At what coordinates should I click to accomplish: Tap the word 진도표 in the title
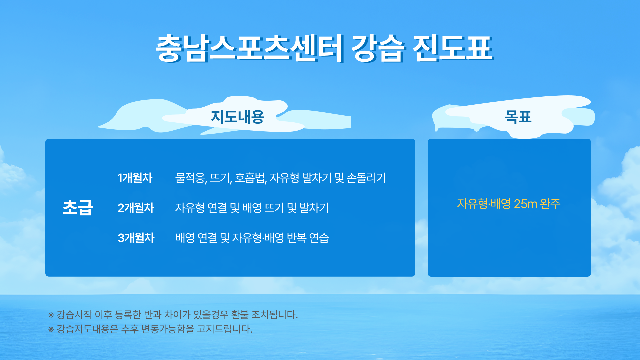[453, 49]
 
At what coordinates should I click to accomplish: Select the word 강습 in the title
[378, 49]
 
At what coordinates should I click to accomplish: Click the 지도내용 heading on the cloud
[238, 117]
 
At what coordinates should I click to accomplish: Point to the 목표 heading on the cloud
[518, 117]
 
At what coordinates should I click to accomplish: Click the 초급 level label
[78, 207]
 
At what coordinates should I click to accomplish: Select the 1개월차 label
[135, 178]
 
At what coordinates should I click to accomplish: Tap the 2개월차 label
[136, 208]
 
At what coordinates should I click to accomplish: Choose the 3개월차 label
[136, 238]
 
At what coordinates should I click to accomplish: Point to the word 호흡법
[250, 178]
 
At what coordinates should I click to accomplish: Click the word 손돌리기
[366, 178]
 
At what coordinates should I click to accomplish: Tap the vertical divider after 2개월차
[167, 207]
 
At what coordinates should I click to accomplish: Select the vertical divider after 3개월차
[167, 237]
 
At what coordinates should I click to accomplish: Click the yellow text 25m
[525, 204]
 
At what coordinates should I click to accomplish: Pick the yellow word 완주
[550, 204]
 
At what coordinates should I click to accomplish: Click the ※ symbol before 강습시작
[51, 315]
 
